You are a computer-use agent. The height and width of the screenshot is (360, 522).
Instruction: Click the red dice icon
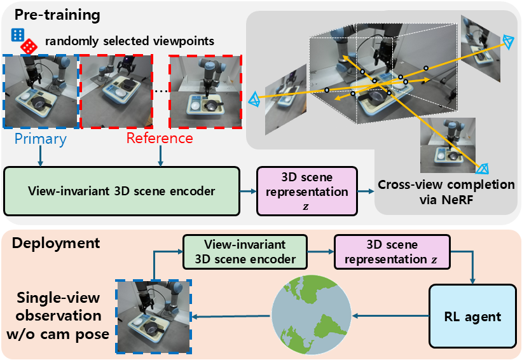(x=28, y=46)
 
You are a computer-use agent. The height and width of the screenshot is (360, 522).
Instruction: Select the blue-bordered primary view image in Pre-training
(x=41, y=91)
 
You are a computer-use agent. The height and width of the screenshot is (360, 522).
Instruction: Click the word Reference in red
(x=160, y=137)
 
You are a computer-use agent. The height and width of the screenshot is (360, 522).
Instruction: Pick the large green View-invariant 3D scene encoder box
(x=121, y=190)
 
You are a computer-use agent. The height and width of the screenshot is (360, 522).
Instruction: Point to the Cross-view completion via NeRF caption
(x=446, y=191)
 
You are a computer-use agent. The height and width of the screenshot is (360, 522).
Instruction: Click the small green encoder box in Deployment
(x=245, y=252)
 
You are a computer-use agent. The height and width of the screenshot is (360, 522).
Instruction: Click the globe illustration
(x=312, y=315)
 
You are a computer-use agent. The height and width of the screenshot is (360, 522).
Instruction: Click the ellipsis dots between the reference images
(x=161, y=91)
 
